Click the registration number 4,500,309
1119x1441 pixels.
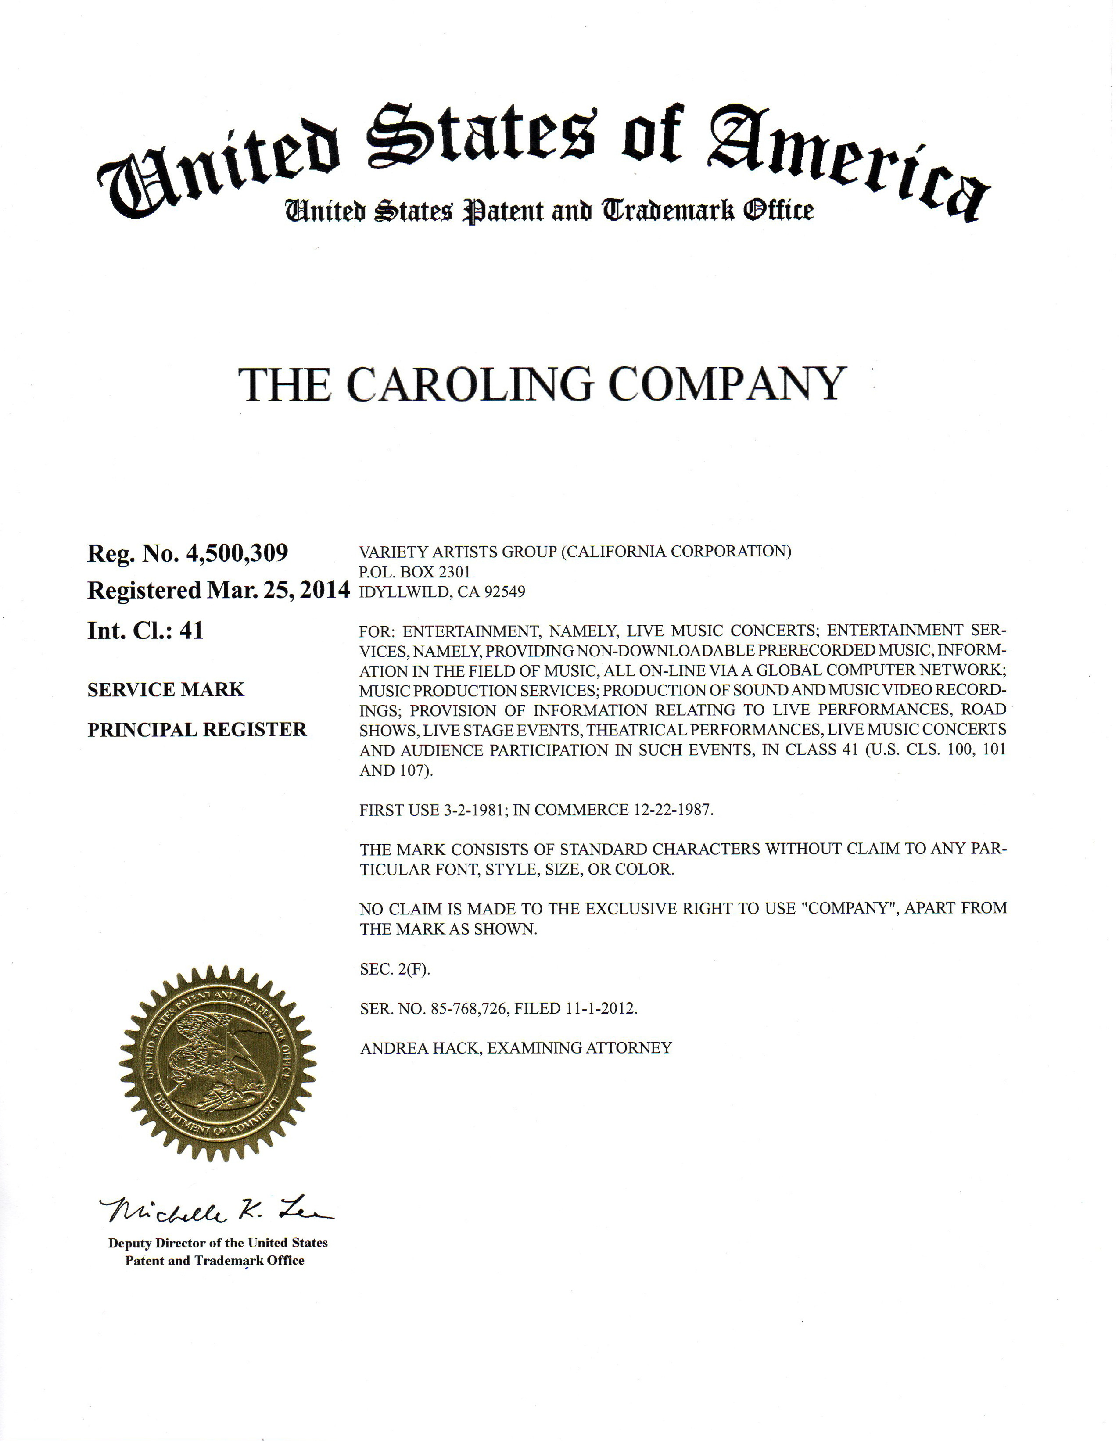(x=237, y=553)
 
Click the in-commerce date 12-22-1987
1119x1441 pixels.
(x=672, y=810)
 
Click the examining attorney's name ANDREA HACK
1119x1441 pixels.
(x=419, y=1048)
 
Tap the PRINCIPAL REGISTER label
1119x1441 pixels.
(x=197, y=730)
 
